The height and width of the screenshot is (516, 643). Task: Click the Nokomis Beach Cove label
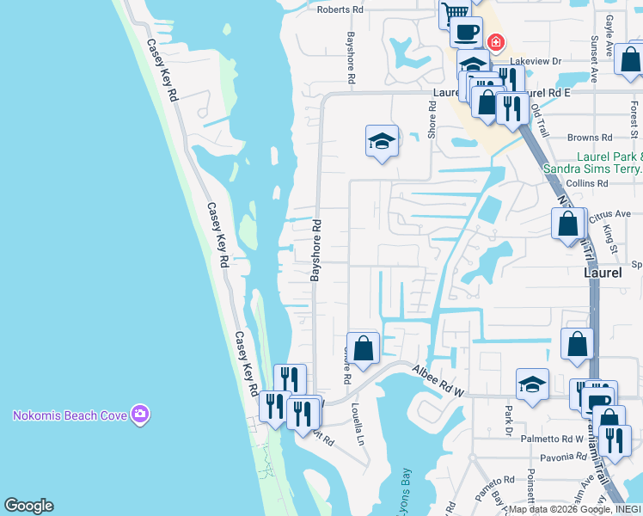pos(70,415)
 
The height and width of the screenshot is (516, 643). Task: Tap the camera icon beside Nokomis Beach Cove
pos(140,415)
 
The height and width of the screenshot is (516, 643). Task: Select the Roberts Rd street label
pos(340,9)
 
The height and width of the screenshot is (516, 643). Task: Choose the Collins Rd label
pos(587,183)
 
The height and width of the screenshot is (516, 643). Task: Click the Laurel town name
pos(603,272)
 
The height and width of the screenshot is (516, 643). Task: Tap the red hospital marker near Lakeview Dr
pos(495,42)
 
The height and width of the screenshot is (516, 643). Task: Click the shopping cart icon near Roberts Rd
pos(453,12)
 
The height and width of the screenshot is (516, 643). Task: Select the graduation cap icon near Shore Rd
pos(382,142)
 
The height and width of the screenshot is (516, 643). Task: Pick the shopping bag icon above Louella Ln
pos(363,348)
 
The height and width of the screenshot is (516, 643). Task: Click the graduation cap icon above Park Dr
pos(532,384)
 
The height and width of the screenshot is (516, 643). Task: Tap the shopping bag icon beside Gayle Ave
pos(628,60)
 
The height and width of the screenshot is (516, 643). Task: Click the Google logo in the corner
pos(28,506)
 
